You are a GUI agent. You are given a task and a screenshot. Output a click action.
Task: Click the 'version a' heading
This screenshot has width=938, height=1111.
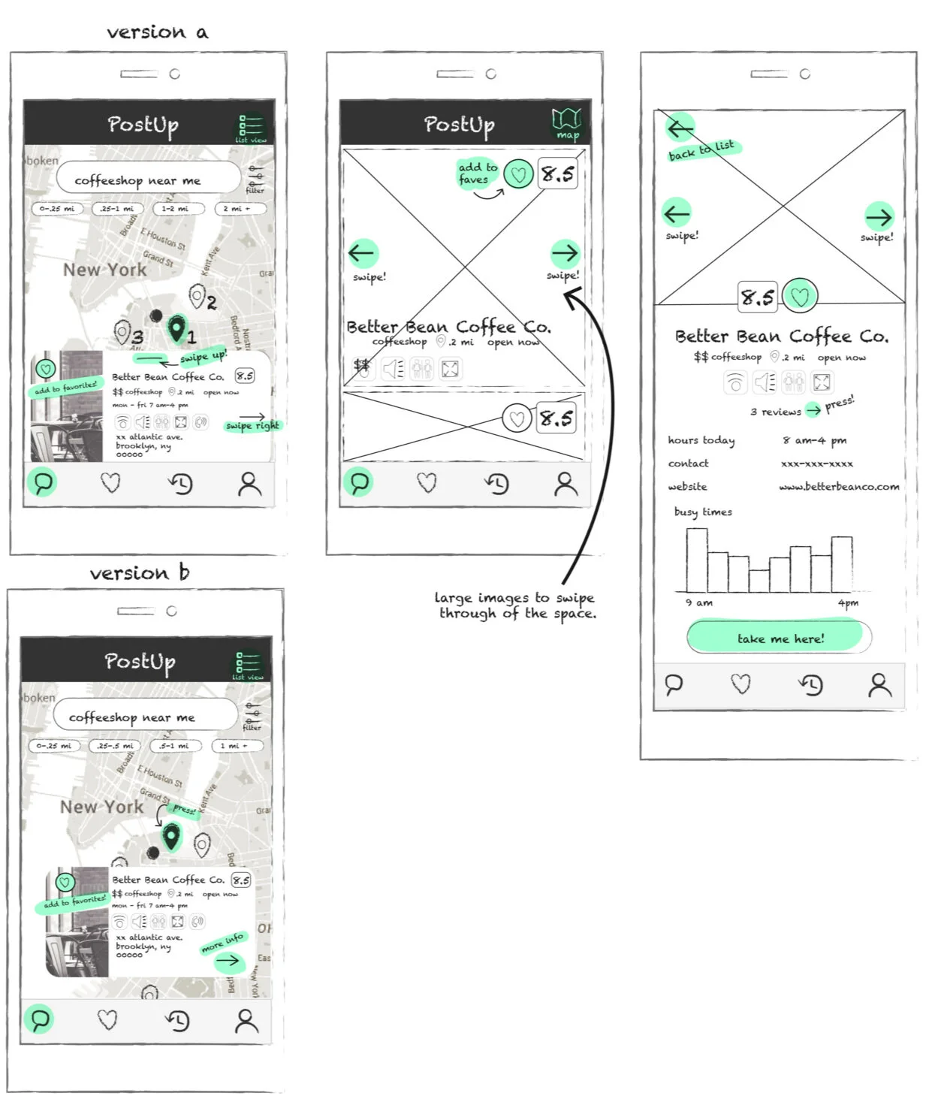point(157,32)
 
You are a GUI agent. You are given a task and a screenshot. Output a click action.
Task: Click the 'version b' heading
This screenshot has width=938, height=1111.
point(139,573)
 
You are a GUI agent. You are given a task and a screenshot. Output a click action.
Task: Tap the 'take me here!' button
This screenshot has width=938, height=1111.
point(780,638)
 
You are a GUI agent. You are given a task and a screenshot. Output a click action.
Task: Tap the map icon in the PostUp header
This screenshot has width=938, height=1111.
point(567,122)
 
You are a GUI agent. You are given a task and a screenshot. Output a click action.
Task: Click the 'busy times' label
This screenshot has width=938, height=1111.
point(703,512)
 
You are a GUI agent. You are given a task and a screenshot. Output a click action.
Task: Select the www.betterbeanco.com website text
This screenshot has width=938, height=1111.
point(838,487)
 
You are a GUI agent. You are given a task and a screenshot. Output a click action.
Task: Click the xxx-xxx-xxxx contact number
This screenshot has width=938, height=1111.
point(816,463)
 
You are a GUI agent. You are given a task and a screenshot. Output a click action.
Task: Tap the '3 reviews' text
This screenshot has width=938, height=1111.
point(775,412)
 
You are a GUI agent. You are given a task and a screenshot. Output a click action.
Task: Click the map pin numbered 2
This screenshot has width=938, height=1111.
point(198,297)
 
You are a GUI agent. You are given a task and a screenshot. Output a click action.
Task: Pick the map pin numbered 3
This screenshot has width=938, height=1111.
point(122,331)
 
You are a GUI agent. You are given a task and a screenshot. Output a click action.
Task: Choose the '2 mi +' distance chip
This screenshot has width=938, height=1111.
point(236,209)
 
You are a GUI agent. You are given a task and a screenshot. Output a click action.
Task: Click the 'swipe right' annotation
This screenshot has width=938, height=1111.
point(252,425)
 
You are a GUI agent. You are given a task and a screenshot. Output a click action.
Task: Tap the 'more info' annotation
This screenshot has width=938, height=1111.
point(222,942)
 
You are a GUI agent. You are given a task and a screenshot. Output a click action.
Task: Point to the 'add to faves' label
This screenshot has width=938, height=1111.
point(477,174)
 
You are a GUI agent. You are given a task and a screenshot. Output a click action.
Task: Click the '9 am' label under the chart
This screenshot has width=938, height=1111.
point(698,602)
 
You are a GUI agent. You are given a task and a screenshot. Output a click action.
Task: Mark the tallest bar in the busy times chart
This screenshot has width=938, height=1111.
point(696,560)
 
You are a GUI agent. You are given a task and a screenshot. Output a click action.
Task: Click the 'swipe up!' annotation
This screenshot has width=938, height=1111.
point(203,357)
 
